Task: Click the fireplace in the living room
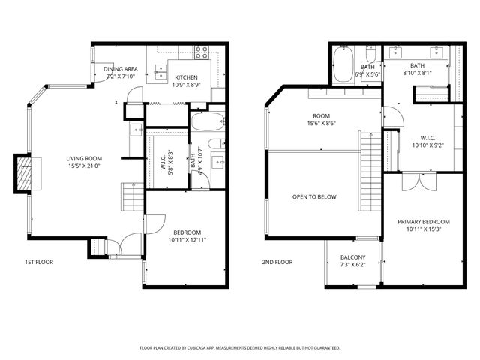click(25, 174)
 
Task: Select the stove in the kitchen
click(201, 52)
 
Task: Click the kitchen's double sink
click(160, 72)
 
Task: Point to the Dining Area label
click(120, 72)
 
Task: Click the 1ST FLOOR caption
click(38, 262)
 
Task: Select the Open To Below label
click(314, 197)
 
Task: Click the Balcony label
click(352, 260)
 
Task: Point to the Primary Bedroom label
click(423, 226)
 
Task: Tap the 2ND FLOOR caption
click(277, 262)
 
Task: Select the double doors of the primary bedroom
click(415, 181)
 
